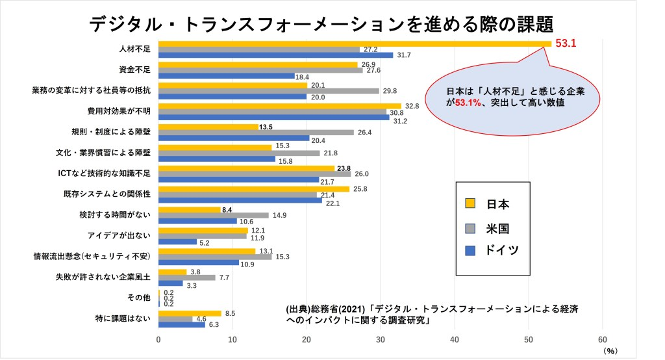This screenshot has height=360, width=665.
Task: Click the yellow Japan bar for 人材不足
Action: click(355, 44)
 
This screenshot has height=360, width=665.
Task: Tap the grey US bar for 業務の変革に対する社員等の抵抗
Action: click(269, 91)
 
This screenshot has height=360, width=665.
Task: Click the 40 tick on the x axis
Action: click(455, 339)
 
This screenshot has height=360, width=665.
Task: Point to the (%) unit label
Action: click(610, 351)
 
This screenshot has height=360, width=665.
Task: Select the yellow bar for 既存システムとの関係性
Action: click(254, 189)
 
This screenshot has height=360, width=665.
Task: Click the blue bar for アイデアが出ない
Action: click(178, 242)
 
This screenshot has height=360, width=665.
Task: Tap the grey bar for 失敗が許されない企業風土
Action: click(187, 277)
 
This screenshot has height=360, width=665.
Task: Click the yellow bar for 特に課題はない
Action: click(190, 313)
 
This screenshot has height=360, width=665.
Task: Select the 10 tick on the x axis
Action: click(232, 339)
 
